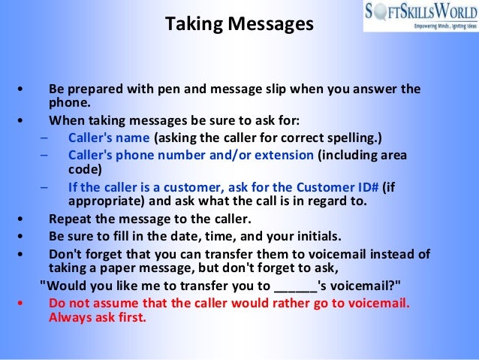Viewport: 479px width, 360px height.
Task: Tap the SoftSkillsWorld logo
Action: click(420, 16)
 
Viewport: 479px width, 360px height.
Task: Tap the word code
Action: click(82, 169)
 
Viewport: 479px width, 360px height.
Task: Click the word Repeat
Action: click(71, 219)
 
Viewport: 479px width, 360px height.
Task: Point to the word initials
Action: click(318, 234)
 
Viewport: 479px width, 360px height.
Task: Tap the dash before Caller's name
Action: click(44, 138)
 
